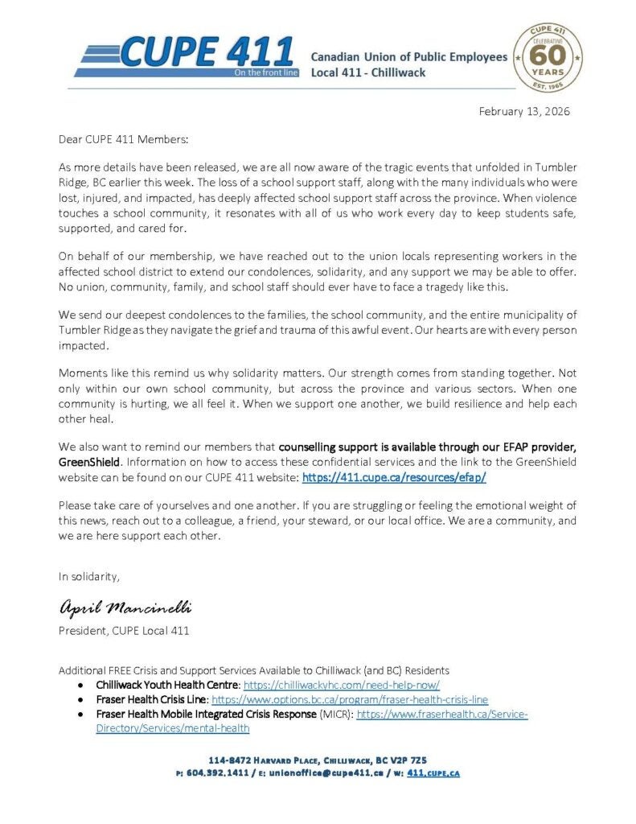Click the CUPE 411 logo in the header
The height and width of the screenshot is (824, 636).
[185, 55]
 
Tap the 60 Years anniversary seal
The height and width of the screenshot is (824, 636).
[548, 57]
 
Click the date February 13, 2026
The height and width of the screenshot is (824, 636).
[524, 112]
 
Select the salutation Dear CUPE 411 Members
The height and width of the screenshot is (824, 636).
[123, 139]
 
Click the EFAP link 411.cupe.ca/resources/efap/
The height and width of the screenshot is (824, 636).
[394, 477]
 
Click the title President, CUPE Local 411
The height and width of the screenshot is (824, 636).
[124, 631]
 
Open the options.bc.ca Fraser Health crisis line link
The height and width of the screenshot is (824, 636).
[350, 700]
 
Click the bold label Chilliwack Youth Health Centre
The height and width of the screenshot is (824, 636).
[167, 685]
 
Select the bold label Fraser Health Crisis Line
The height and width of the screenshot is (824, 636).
[151, 700]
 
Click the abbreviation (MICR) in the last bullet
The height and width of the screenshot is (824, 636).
[336, 715]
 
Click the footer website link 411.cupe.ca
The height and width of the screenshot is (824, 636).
[433, 773]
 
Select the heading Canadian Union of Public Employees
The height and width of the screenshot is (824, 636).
[409, 57]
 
